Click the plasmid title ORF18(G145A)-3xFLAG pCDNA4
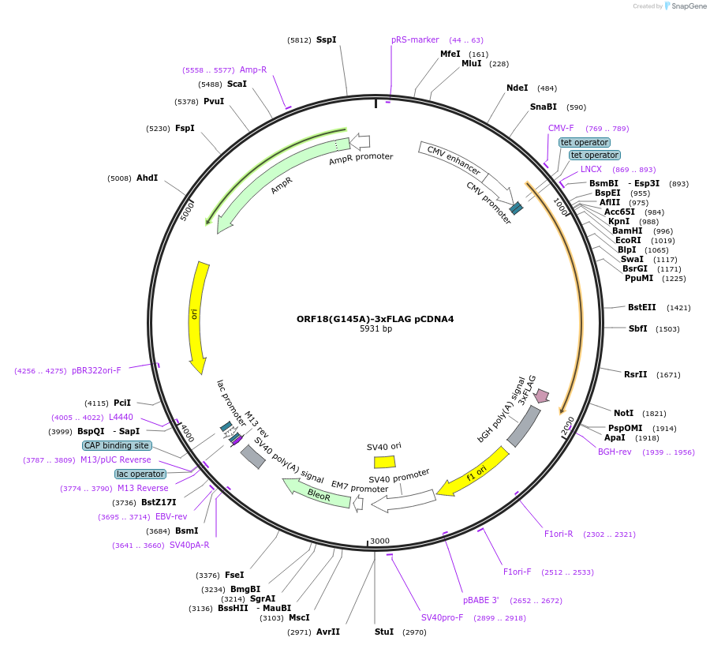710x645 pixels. [x=376, y=319]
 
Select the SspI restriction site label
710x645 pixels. [x=326, y=39]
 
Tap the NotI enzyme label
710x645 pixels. [x=623, y=413]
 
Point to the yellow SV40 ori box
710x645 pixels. [x=384, y=462]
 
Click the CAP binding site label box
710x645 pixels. [x=118, y=445]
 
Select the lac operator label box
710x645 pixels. [x=140, y=474]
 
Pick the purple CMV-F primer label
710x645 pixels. [x=561, y=128]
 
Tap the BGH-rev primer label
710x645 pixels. [x=615, y=452]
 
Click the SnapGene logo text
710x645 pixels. [x=689, y=6]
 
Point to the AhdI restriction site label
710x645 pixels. [x=147, y=178]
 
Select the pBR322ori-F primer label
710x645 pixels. [x=96, y=370]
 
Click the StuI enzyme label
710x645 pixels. [x=383, y=632]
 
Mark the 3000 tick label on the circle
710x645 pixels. [x=380, y=541]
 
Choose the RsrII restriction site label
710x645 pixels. [x=635, y=374]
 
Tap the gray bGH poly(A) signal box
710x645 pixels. [x=523, y=426]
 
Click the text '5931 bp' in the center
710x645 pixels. [x=376, y=329]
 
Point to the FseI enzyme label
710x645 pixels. [x=234, y=575]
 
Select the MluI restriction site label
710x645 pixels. [x=472, y=64]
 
